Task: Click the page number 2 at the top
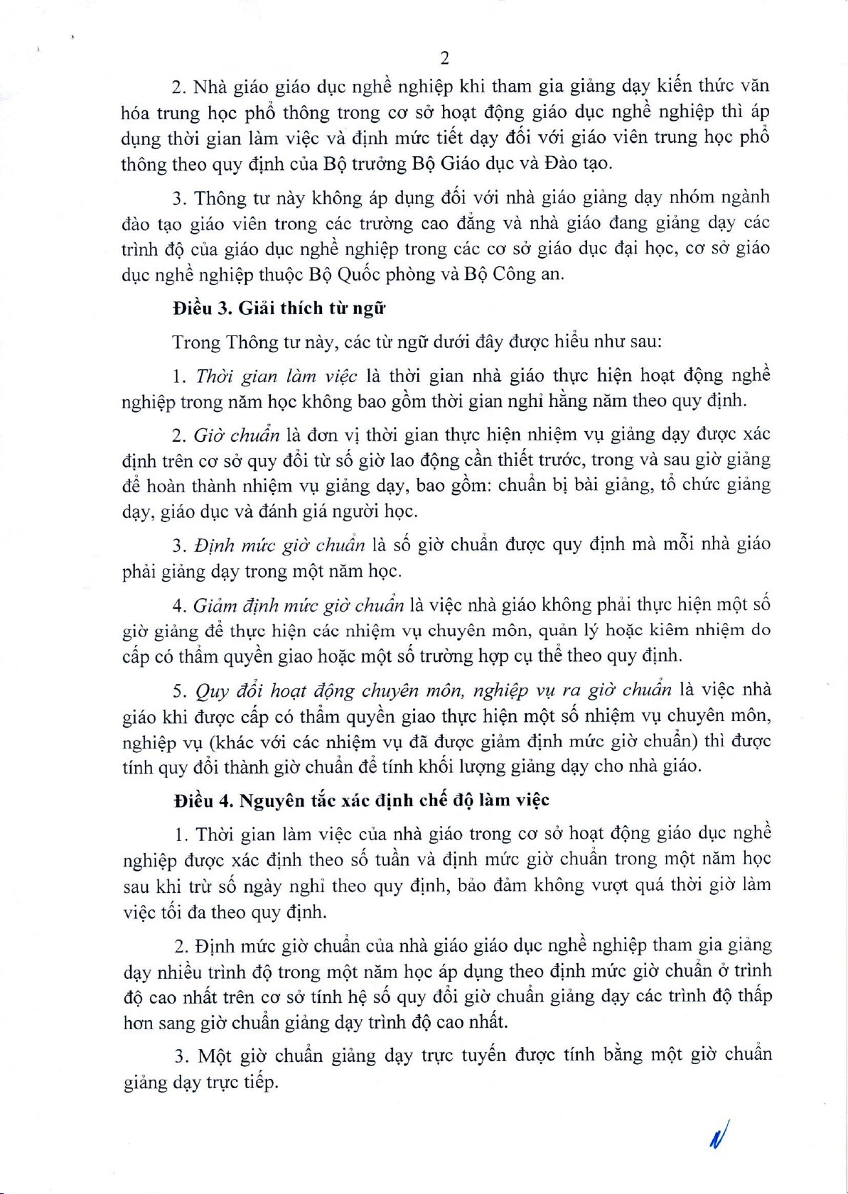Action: click(444, 58)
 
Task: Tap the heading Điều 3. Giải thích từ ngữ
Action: click(279, 308)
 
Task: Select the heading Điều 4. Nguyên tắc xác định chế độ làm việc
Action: click(362, 800)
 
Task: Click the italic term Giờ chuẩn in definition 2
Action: click(236, 435)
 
